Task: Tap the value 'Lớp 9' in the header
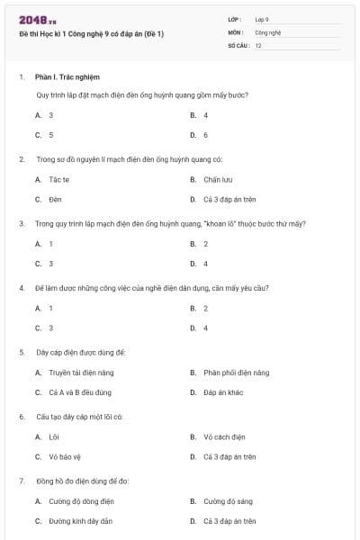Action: click(x=262, y=19)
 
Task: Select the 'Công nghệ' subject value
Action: click(x=268, y=31)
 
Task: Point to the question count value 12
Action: click(x=258, y=45)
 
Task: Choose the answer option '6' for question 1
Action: click(x=205, y=135)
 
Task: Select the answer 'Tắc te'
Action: click(x=59, y=179)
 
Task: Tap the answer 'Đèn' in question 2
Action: click(x=56, y=199)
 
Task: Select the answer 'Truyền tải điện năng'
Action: click(x=81, y=373)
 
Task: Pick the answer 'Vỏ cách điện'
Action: click(x=224, y=437)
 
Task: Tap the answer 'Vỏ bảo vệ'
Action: click(x=66, y=457)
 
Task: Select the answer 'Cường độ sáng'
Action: click(x=226, y=501)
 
